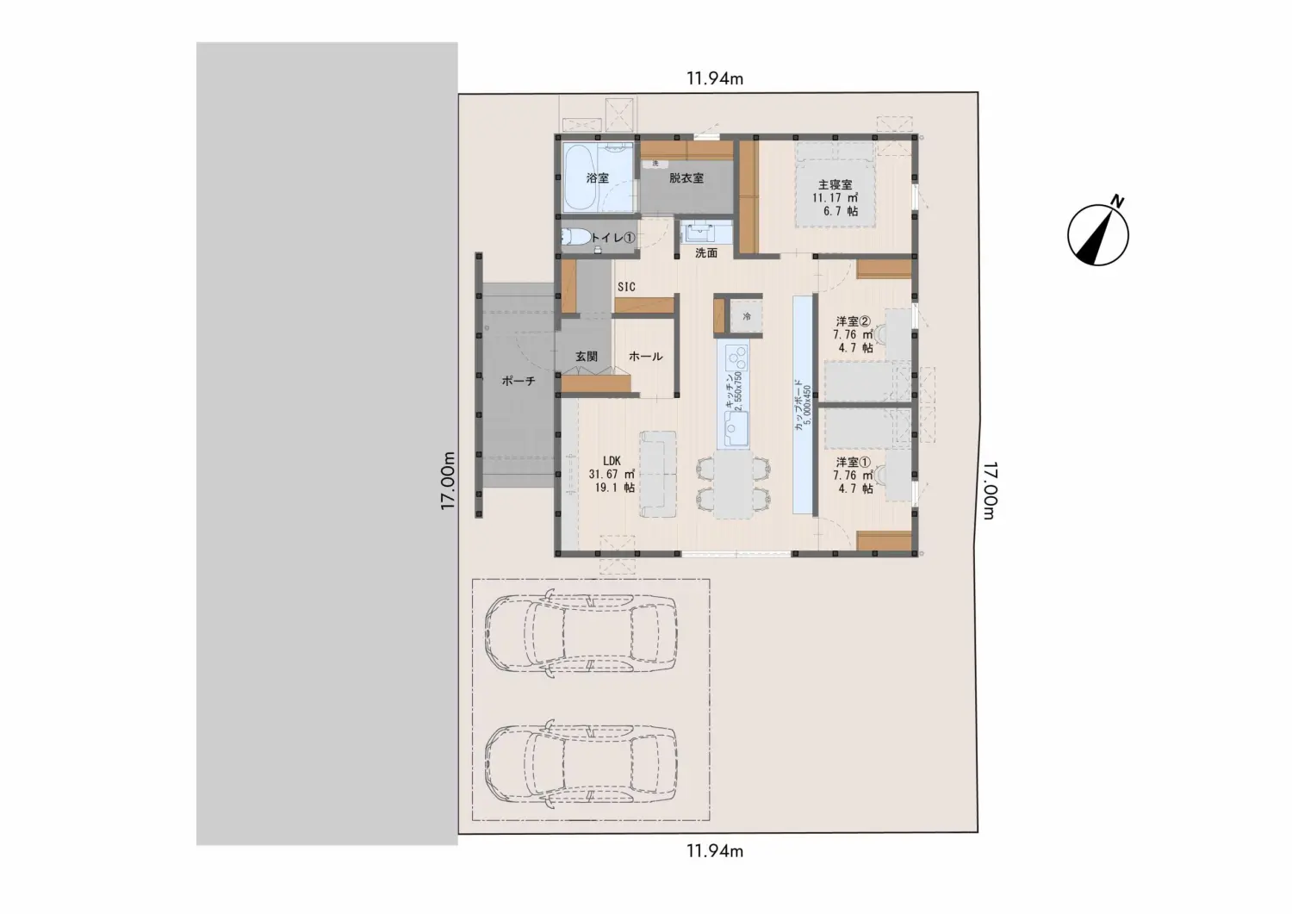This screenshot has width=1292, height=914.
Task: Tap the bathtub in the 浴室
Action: [581, 177]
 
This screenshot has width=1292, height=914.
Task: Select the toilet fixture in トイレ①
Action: [576, 237]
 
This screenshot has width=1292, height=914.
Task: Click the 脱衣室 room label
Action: [686, 178]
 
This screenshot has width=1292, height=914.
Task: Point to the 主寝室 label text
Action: [835, 184]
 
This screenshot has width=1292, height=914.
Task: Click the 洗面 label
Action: [706, 252]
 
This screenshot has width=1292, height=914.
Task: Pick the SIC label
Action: [626, 287]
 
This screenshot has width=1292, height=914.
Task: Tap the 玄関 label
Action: [586, 357]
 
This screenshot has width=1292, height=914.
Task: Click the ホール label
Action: [645, 357]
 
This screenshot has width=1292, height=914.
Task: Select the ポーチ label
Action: [519, 381]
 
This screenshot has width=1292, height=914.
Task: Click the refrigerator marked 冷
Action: [747, 316]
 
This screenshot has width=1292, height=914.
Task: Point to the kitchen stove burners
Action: [736, 358]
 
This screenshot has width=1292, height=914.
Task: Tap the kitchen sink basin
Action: [736, 427]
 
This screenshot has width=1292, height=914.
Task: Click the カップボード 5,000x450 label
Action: [802, 405]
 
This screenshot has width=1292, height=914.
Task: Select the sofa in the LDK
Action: [657, 474]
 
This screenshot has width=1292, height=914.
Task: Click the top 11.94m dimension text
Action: [715, 78]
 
